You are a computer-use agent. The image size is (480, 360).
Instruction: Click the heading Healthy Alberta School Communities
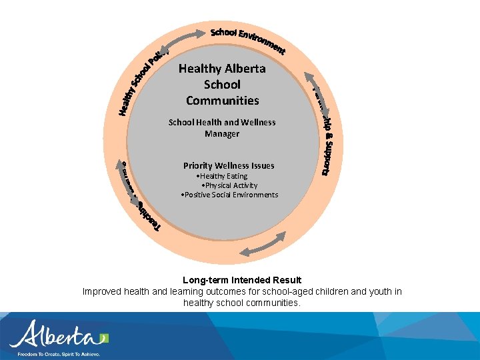[x=222, y=85]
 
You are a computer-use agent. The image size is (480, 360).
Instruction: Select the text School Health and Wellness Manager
[x=222, y=128]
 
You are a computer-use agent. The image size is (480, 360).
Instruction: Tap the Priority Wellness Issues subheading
[x=229, y=165]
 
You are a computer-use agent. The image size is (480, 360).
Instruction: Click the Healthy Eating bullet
[x=223, y=176]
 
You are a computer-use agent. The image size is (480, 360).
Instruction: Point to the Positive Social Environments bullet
[x=229, y=195]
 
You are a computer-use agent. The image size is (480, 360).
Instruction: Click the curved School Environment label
[x=247, y=39]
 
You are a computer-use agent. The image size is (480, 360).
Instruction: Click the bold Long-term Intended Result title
[x=242, y=280]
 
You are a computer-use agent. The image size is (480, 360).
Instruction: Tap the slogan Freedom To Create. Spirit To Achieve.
[x=59, y=354]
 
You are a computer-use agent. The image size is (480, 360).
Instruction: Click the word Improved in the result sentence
[x=101, y=291]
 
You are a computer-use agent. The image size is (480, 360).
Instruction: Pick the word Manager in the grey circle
[x=222, y=134]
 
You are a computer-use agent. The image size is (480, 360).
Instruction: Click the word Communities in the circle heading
[x=222, y=101]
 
